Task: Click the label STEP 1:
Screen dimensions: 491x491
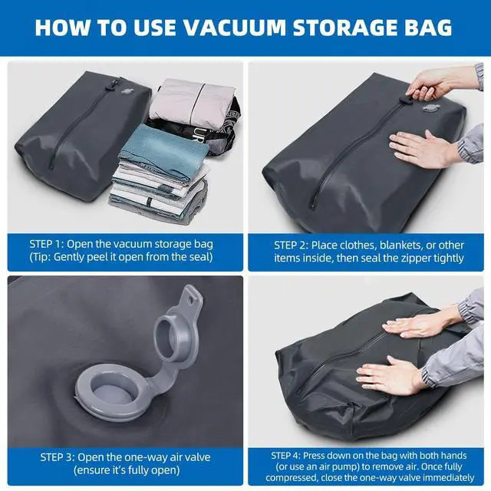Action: click(x=49, y=244)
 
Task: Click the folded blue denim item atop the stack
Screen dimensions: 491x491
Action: click(x=153, y=143)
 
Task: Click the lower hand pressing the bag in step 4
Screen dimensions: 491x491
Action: click(x=391, y=376)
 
